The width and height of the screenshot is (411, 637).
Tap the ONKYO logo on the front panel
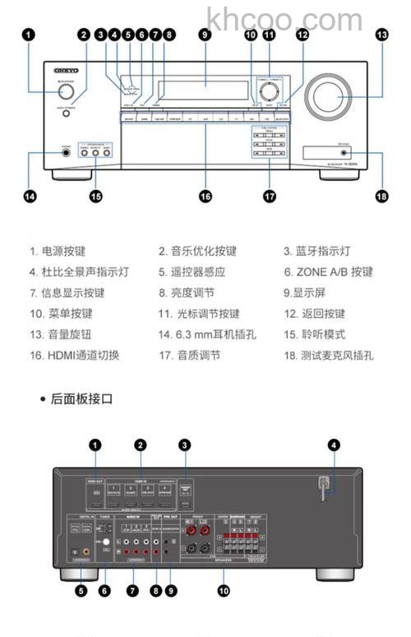(56, 72)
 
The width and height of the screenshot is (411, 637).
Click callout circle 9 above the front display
(205, 35)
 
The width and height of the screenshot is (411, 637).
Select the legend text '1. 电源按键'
(58, 251)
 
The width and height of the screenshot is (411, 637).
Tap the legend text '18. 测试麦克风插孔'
(329, 356)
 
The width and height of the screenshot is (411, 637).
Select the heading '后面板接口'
(81, 399)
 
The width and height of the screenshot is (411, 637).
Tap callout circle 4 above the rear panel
(334, 445)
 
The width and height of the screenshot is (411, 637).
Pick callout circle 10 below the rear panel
(223, 589)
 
